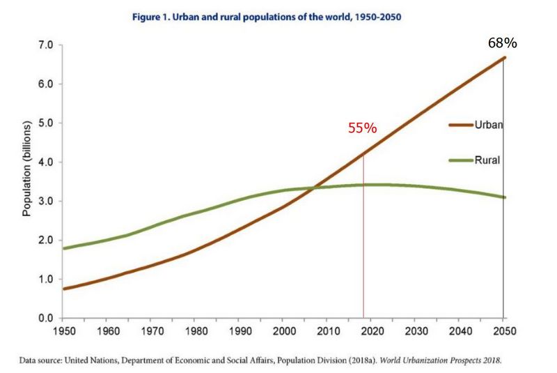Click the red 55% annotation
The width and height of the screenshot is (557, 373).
[362, 128]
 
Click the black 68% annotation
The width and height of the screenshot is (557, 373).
[502, 43]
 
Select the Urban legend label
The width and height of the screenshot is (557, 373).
[489, 125]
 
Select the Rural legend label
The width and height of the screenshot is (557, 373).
[488, 160]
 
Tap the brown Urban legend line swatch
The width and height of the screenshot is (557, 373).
[461, 125]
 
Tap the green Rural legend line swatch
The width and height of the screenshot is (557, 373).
[461, 160]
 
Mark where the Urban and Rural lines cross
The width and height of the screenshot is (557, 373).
[312, 188]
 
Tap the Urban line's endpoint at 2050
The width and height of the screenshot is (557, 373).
[503, 57]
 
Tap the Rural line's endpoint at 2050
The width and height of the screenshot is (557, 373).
[503, 197]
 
